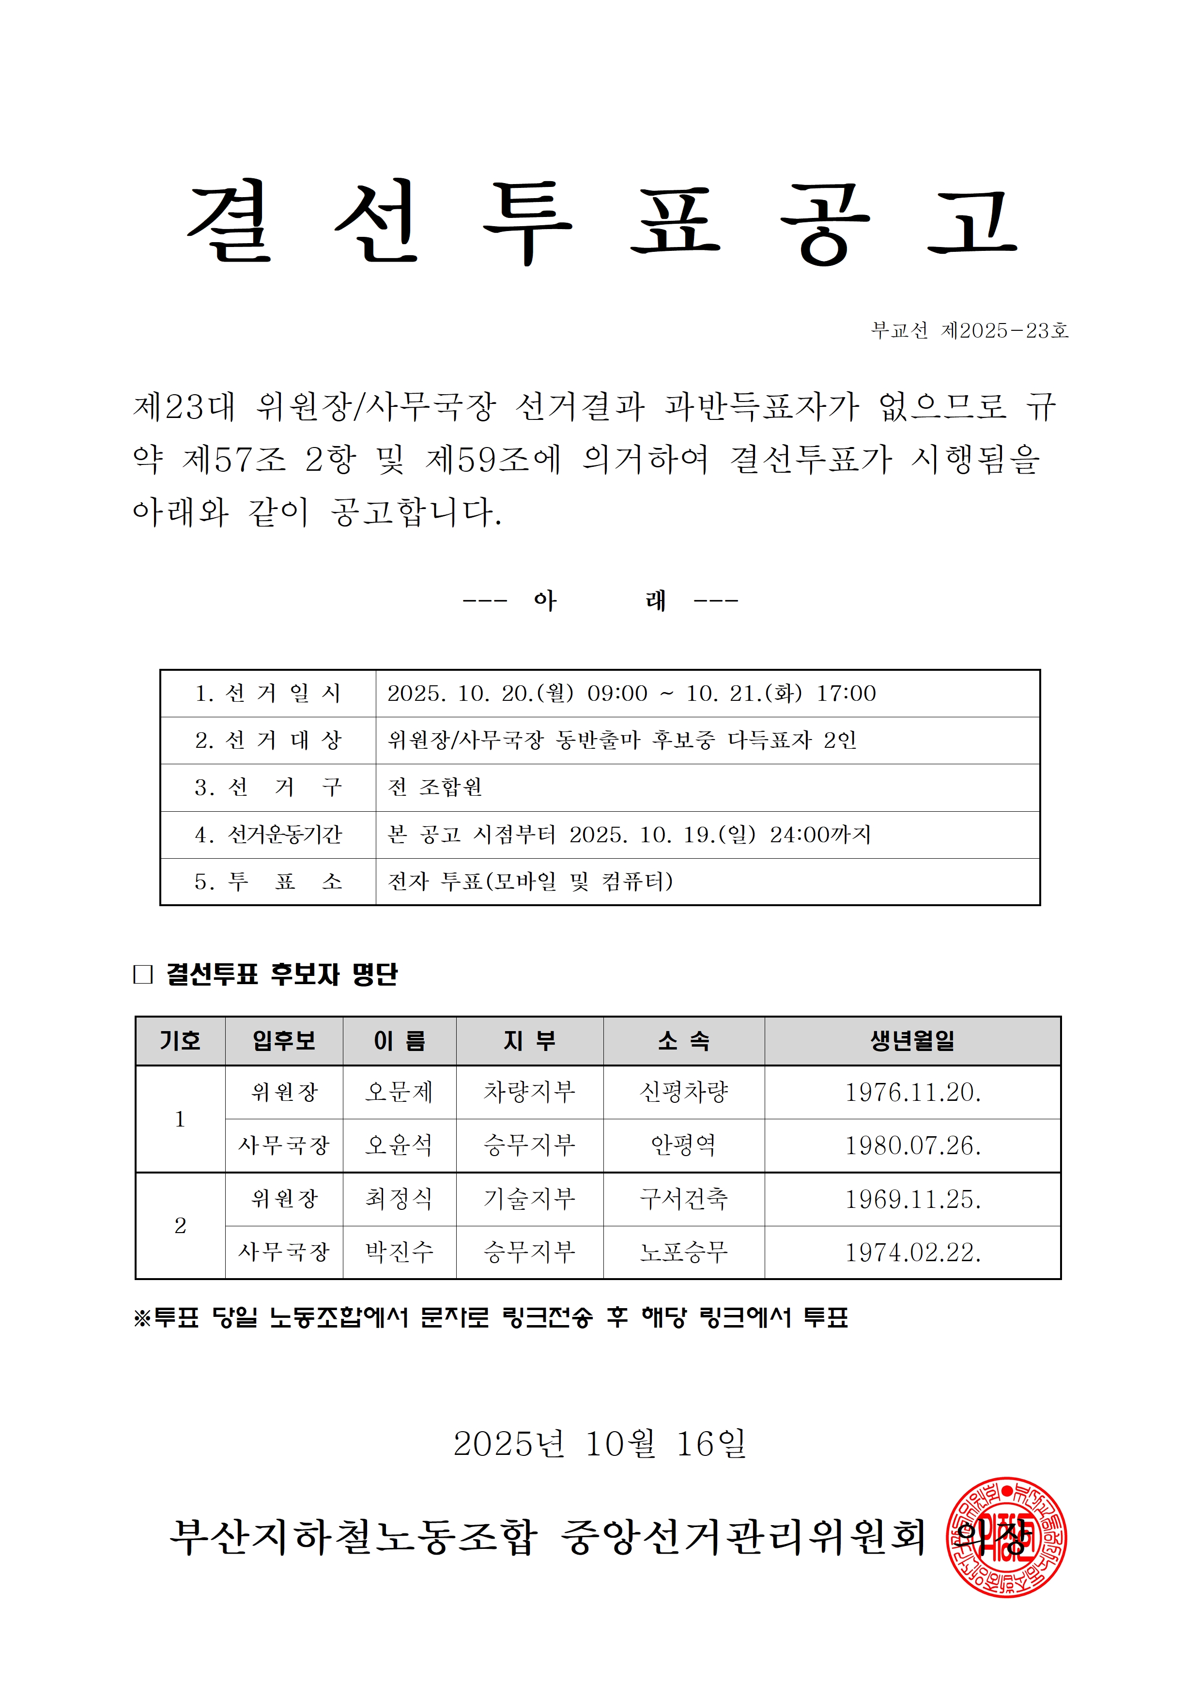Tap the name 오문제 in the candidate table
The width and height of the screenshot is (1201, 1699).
click(399, 1092)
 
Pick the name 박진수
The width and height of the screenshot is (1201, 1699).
click(399, 1252)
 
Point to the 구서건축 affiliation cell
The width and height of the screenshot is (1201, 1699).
click(684, 1199)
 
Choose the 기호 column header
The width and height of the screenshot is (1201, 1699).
click(180, 1041)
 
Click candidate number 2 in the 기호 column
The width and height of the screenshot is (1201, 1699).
click(180, 1225)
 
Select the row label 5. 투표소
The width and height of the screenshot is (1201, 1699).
click(268, 881)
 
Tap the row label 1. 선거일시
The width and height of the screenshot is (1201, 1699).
click(268, 694)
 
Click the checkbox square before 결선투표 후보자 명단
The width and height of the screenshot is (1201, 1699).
click(143, 974)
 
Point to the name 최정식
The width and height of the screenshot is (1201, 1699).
click(399, 1199)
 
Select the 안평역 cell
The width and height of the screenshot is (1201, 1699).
click(684, 1145)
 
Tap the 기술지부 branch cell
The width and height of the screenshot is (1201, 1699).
click(529, 1199)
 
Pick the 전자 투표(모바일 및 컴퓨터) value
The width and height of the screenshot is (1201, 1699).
click(530, 881)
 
